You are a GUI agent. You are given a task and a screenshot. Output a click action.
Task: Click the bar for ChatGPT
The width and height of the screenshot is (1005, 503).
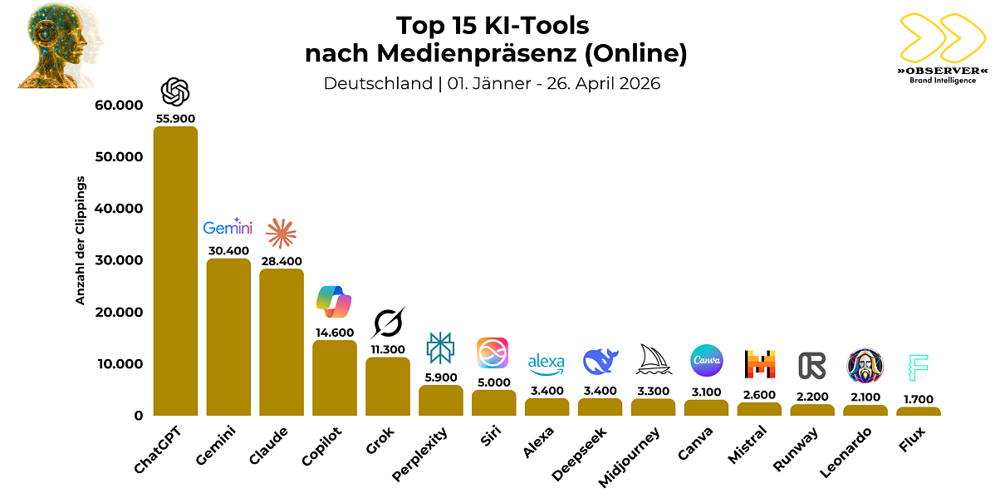tap(175, 271)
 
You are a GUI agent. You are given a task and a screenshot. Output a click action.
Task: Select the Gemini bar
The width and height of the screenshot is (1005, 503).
tap(228, 337)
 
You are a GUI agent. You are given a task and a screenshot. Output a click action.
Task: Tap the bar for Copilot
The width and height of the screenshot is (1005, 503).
tap(335, 377)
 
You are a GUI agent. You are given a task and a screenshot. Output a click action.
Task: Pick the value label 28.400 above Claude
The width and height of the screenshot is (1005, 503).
tap(281, 259)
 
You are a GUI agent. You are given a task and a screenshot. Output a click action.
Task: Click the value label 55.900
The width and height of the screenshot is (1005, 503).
tap(175, 118)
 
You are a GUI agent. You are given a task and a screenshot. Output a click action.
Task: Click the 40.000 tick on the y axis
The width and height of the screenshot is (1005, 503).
tap(119, 209)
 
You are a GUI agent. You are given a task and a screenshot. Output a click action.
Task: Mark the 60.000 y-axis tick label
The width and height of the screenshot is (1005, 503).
tap(119, 106)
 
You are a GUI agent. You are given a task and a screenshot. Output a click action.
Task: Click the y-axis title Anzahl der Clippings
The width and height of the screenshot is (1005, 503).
tap(81, 240)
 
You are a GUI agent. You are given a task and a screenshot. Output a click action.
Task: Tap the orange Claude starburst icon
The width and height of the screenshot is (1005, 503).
tap(281, 234)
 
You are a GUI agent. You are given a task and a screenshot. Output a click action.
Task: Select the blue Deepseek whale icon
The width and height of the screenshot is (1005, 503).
tap(600, 362)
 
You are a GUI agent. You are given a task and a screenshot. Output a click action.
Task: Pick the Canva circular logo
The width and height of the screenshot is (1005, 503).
tap(706, 361)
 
